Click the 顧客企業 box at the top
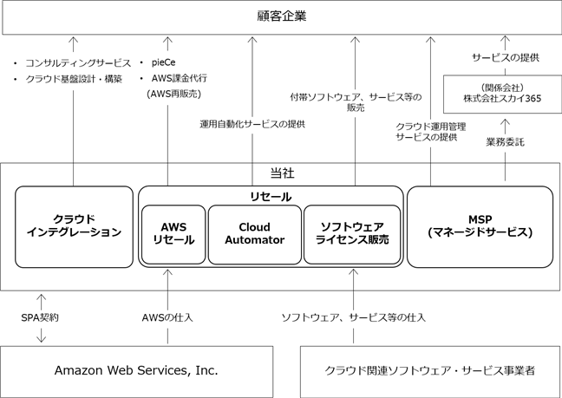pos(282,16)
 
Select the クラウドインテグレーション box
pos(74,227)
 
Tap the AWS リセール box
pos(173,234)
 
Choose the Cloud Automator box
pos(255,234)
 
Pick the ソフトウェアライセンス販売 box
pos(352,234)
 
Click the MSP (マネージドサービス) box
pos(480,227)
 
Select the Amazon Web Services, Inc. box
pos(136,371)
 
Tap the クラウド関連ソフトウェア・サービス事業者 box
pos(430,371)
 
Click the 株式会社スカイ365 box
pos(502,94)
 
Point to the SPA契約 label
pos(40,317)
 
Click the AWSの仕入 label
pos(167,317)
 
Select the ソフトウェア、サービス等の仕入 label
pos(353,317)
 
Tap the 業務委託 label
pos(505,142)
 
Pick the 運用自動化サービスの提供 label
pos(252,124)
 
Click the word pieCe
pos(163,62)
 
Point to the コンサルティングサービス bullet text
pos(78,63)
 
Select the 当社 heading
pos(282,173)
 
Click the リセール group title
pos(271,197)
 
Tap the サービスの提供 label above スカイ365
pos(506,58)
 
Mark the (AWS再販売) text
pos(173,94)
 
